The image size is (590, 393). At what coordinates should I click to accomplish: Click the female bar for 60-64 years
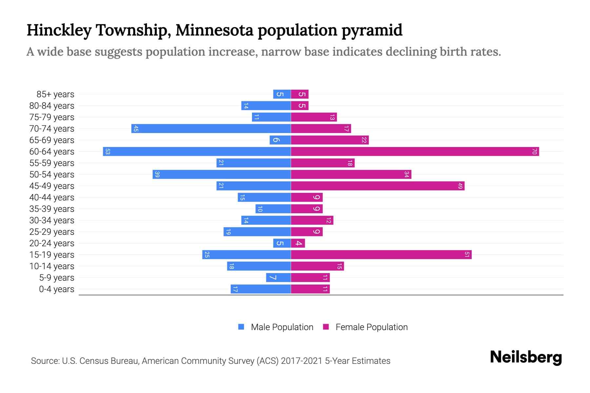point(415,152)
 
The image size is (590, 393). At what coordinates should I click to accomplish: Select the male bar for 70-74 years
point(211,129)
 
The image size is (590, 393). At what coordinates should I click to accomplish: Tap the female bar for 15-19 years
point(381,255)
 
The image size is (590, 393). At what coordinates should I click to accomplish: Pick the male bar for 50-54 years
point(222,175)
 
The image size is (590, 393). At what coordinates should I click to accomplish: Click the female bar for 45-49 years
point(378,186)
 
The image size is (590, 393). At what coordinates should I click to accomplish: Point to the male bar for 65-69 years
point(280,140)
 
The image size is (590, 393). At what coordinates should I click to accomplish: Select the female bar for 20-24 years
point(298,243)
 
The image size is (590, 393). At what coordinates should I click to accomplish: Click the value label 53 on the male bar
point(108,152)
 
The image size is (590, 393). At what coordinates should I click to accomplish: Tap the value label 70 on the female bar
point(534,152)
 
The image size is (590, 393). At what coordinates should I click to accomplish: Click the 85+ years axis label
point(55,94)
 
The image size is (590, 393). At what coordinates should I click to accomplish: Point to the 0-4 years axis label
point(56,289)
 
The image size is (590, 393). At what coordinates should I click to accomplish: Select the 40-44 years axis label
point(52,197)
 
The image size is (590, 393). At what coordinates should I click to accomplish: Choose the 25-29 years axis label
point(52,232)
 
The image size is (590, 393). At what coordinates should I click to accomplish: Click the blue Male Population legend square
point(241,327)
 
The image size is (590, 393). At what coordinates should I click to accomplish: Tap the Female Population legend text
point(371,327)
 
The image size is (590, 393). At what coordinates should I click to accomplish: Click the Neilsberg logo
point(526,357)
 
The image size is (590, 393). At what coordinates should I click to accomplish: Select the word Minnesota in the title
point(215,30)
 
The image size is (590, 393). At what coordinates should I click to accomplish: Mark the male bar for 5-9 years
point(278,278)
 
